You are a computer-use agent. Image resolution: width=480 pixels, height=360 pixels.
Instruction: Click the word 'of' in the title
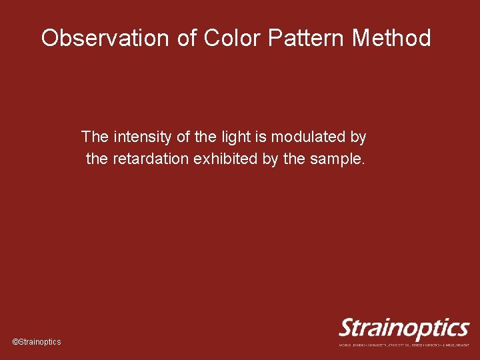pyautogui.click(x=187, y=38)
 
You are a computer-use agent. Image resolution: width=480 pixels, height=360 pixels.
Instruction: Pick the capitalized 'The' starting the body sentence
pyautogui.click(x=95, y=137)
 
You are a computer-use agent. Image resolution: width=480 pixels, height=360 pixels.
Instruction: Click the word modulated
pyautogui.click(x=304, y=137)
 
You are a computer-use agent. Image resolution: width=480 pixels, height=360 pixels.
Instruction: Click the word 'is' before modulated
pyautogui.click(x=255, y=137)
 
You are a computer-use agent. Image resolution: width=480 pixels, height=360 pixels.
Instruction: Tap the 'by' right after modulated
pyautogui.click(x=358, y=137)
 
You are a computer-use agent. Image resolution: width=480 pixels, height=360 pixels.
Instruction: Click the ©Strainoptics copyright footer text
pyautogui.click(x=37, y=341)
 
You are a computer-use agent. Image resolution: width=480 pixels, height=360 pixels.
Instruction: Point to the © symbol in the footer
pyautogui.click(x=15, y=341)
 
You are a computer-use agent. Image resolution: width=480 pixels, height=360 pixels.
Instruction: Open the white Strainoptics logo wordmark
pyautogui.click(x=404, y=329)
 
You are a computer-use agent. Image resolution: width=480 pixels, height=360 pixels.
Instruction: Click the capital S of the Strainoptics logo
pyautogui.click(x=347, y=329)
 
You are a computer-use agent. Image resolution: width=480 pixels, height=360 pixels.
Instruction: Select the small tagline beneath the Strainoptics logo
pyautogui.click(x=404, y=345)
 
